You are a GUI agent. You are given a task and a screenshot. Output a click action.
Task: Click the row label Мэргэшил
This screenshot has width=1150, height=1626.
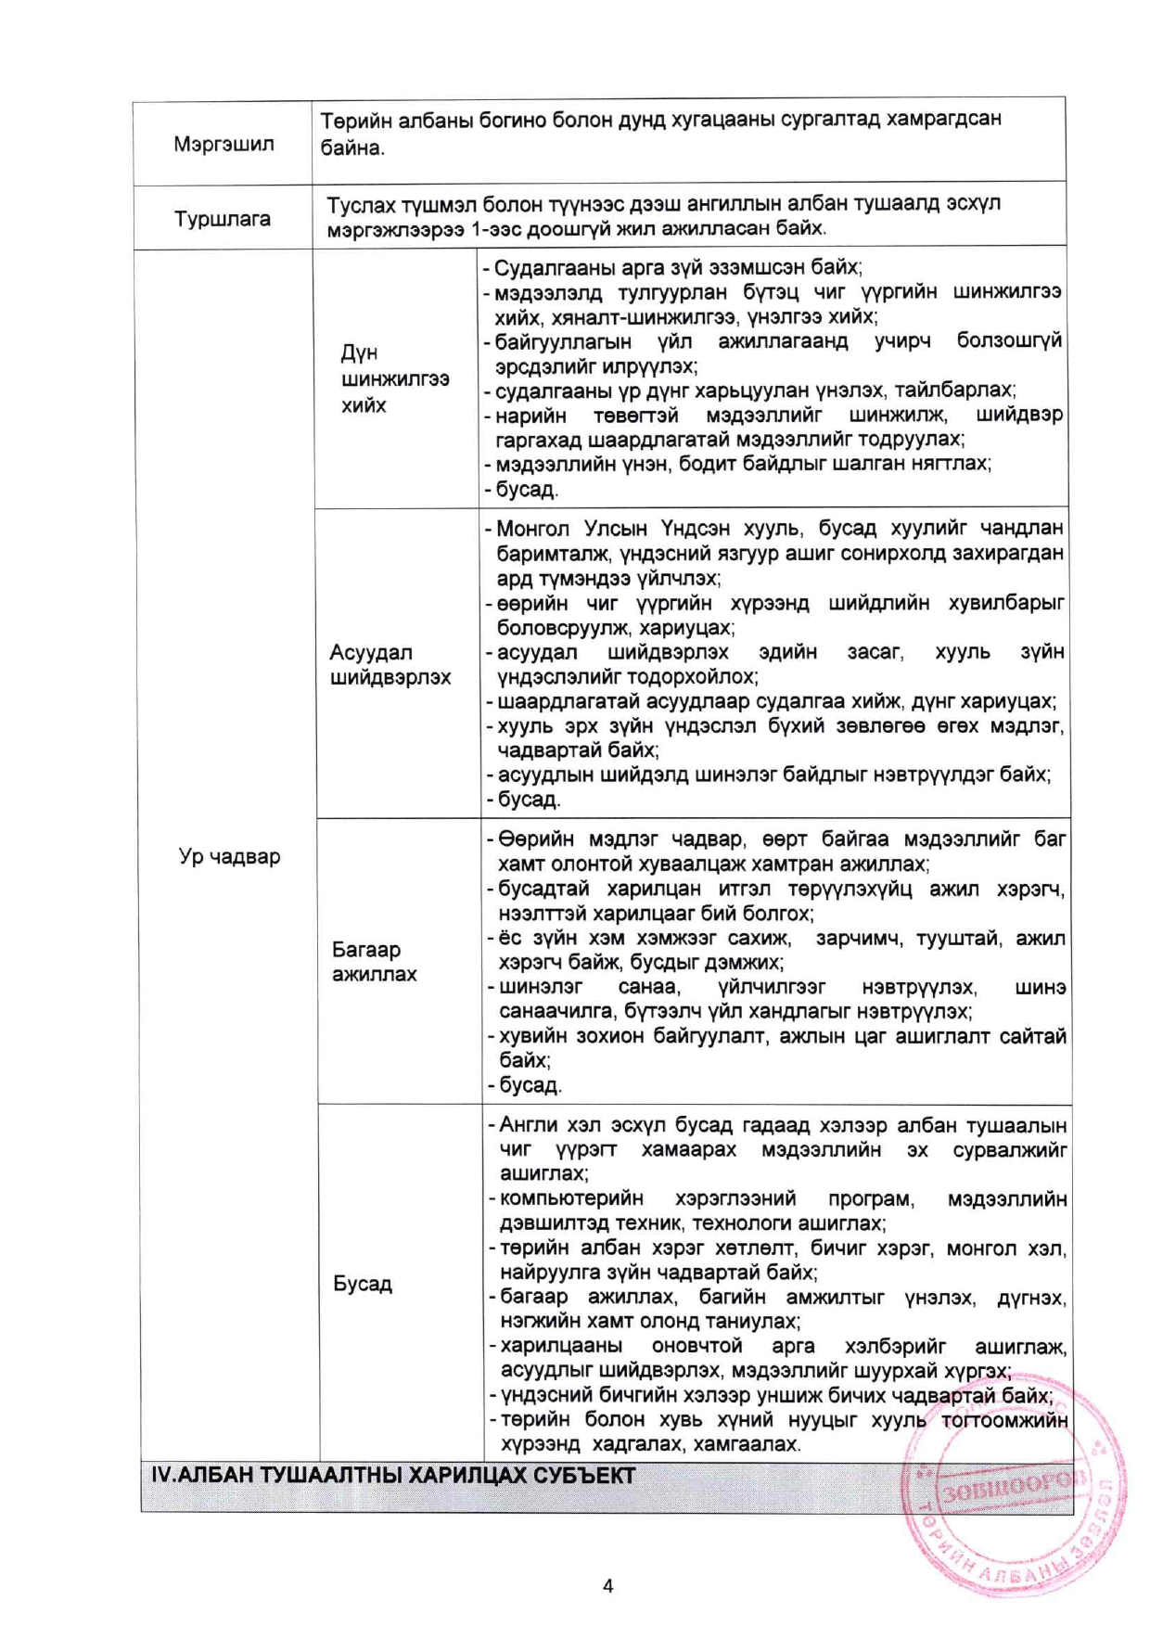point(224,145)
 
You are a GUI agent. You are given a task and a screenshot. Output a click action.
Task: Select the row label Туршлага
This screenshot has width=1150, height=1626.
point(223,219)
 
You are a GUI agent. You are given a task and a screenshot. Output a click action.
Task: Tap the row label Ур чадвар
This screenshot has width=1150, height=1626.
point(229,856)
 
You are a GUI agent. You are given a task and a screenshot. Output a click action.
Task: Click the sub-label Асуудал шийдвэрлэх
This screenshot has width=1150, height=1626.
point(390,664)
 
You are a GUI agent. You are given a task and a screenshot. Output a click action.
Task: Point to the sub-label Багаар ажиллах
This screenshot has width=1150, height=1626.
point(375,961)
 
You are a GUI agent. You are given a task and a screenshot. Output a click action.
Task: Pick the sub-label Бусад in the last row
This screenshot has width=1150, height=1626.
point(363,1284)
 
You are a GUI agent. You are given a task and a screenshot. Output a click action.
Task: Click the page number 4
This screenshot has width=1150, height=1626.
point(607,1585)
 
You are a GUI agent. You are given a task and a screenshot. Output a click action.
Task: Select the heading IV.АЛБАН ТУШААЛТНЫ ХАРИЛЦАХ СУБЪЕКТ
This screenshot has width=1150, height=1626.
point(393,1476)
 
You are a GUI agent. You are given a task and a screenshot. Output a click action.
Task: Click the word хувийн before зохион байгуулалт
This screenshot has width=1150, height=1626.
point(532,1036)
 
